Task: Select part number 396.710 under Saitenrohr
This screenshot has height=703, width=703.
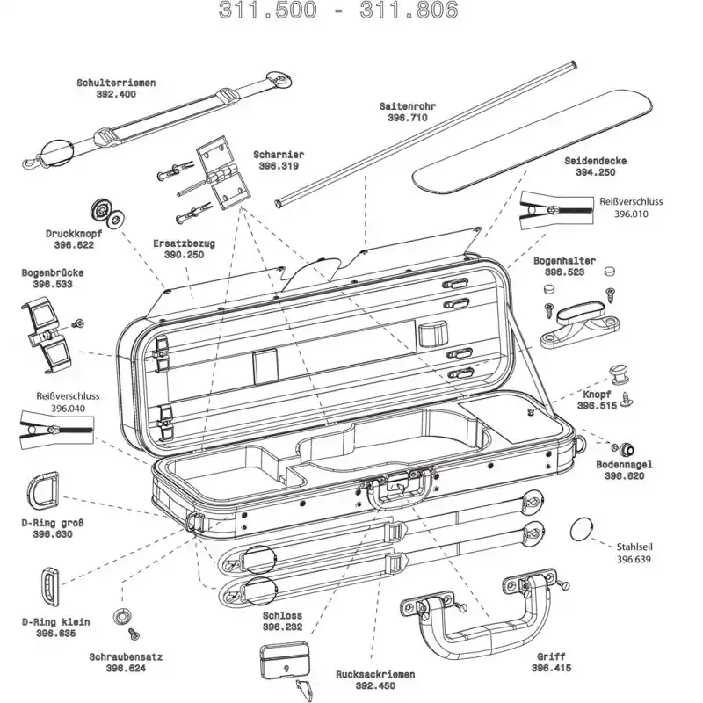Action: coord(407,117)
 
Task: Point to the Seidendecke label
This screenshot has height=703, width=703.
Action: coord(595,162)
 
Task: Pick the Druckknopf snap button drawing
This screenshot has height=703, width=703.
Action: coord(106,213)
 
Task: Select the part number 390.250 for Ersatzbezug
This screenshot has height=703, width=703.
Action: coord(184,255)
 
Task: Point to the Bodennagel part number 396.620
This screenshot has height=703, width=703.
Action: coord(624,475)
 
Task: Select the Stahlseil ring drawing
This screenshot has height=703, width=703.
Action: coord(583,530)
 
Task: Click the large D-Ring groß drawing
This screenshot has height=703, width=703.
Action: coord(43,489)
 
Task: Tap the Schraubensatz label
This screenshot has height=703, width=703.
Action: coord(125,656)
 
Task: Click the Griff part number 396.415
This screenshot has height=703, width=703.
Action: coord(551,668)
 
